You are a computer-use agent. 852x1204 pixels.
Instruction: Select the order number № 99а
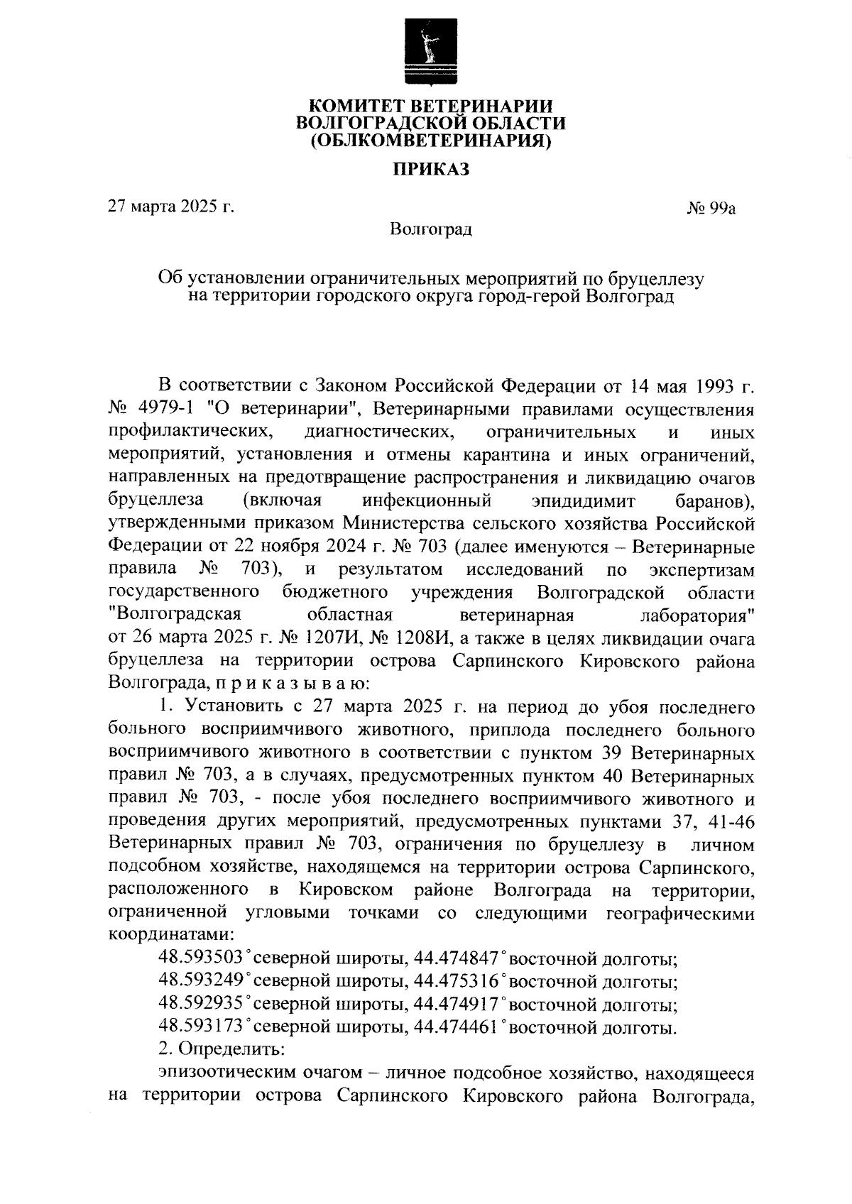pos(711,208)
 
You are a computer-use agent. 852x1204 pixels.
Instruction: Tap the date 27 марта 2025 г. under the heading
pos(170,207)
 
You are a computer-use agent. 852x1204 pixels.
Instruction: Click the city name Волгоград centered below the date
pos(431,229)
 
